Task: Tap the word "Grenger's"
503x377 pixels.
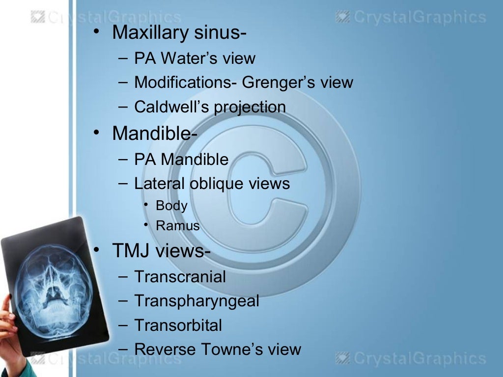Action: coord(277,82)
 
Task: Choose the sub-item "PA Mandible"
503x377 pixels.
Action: coord(181,160)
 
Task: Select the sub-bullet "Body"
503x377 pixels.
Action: coord(171,206)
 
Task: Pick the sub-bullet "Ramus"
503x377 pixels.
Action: coord(178,226)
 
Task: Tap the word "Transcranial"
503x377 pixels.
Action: coord(180,277)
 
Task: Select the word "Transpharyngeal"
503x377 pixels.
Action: coord(196,301)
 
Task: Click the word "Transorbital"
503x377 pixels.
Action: coord(178,325)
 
